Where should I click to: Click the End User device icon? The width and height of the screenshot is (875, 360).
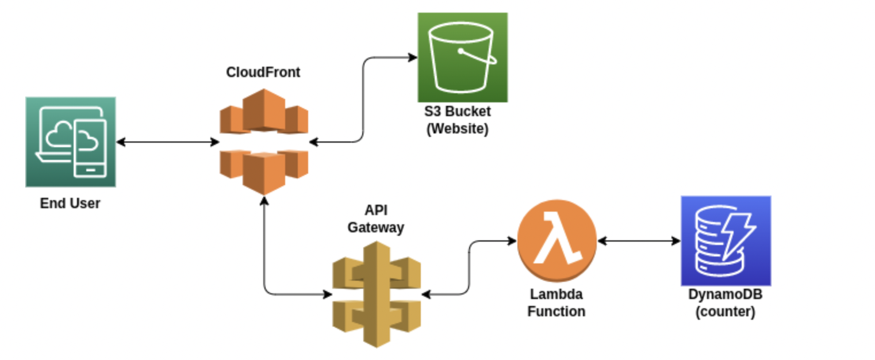(71, 141)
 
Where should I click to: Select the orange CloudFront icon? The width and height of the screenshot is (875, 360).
(264, 141)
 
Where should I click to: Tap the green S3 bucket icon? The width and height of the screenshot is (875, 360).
(462, 57)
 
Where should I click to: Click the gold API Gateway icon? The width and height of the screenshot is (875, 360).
(377, 294)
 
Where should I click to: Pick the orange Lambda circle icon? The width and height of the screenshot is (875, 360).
(557, 241)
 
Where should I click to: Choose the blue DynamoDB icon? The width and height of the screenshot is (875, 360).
(726, 240)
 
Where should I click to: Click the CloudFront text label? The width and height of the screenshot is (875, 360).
(263, 72)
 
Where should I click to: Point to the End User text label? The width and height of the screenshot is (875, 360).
(70, 203)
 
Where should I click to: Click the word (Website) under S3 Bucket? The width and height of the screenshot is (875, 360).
(457, 129)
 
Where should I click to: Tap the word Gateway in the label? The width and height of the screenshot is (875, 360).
(376, 228)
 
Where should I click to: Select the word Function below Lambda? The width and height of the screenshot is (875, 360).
(556, 312)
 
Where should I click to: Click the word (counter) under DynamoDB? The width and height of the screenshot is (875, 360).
(725, 312)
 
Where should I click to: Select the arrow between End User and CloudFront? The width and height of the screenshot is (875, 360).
(167, 141)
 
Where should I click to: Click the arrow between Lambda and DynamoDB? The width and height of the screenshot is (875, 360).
(639, 241)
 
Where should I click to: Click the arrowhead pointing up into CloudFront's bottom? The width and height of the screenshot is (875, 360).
(264, 200)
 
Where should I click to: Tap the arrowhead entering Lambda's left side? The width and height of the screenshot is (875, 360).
(511, 241)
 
